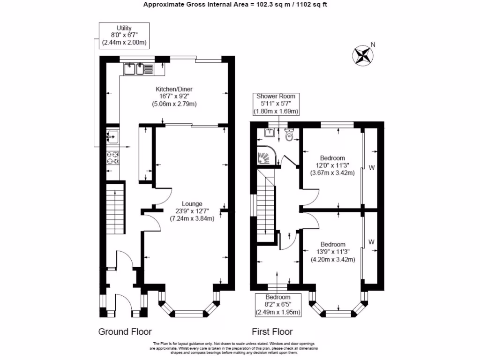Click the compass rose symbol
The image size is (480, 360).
click(x=361, y=55)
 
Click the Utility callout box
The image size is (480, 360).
click(x=124, y=36)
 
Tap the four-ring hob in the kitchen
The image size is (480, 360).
click(x=112, y=157)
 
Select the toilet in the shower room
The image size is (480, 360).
click(x=289, y=135)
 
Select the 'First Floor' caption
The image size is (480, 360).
click(x=272, y=332)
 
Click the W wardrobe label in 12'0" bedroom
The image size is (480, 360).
click(x=372, y=167)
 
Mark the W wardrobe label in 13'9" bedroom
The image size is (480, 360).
click(x=371, y=242)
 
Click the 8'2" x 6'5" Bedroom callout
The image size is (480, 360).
click(x=278, y=305)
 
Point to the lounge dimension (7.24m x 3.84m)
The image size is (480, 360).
click(x=192, y=218)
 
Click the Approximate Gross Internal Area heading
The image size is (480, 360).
click(x=238, y=5)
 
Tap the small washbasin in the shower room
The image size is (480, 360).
click(x=270, y=133)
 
